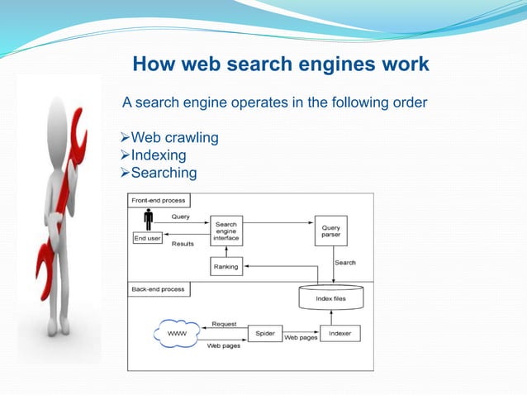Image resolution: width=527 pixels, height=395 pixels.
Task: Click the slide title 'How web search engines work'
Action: pyautogui.click(x=281, y=64)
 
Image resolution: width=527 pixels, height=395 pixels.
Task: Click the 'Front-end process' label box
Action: pyautogui.click(x=158, y=200)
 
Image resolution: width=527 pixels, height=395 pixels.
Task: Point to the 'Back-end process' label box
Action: pyautogui.click(x=158, y=289)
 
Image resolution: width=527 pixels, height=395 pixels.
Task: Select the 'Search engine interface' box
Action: pyautogui.click(x=227, y=231)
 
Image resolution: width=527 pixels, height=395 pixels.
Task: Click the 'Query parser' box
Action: pyautogui.click(x=330, y=230)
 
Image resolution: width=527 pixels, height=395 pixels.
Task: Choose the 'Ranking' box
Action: pyautogui.click(x=226, y=267)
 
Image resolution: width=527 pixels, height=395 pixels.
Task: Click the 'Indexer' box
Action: pyautogui.click(x=339, y=334)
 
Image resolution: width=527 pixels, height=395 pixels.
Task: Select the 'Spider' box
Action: pyautogui.click(x=264, y=334)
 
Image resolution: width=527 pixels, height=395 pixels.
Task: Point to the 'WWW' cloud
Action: pyautogui.click(x=178, y=334)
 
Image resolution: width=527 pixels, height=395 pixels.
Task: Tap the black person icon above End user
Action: pyautogui.click(x=149, y=220)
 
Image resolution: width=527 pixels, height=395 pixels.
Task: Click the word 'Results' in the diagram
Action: pyautogui.click(x=183, y=245)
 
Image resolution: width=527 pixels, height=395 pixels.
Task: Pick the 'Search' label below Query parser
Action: pyautogui.click(x=345, y=263)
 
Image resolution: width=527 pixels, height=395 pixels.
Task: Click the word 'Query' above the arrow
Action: pyautogui.click(x=180, y=217)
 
